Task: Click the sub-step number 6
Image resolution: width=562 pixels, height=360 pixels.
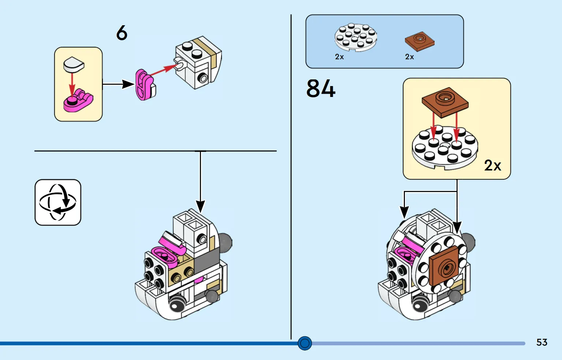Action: [x=122, y=33]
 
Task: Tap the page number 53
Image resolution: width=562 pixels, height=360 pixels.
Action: [x=541, y=342]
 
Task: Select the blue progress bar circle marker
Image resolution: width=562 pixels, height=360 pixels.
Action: [x=305, y=343]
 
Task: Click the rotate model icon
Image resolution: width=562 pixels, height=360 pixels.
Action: [x=58, y=202]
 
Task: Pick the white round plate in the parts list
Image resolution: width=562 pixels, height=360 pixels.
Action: [x=356, y=37]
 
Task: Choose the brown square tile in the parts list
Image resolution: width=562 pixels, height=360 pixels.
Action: [x=420, y=41]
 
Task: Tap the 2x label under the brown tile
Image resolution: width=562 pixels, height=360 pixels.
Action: [x=409, y=57]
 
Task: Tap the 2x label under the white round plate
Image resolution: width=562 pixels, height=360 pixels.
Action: [x=339, y=57]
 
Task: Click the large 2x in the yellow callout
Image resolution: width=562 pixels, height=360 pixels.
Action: [x=492, y=165]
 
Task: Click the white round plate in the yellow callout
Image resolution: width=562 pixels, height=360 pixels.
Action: [x=445, y=147]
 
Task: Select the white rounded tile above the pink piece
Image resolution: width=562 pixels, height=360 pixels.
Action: [x=74, y=64]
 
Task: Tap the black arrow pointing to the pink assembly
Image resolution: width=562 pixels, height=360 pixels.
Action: [x=118, y=84]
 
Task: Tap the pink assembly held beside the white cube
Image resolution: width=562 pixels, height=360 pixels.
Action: [x=145, y=85]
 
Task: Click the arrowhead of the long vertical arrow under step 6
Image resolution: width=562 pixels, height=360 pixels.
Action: [x=201, y=207]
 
